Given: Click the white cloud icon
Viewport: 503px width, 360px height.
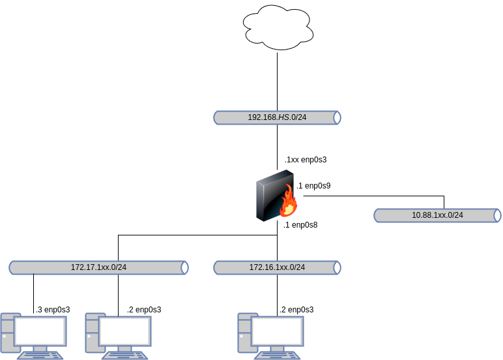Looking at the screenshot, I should click(278, 27).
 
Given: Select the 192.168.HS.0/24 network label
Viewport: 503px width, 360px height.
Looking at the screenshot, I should click(277, 117).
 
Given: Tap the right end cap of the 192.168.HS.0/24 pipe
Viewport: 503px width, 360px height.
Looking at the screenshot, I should click(337, 117).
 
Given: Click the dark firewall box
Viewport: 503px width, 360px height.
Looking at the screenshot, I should click(270, 196).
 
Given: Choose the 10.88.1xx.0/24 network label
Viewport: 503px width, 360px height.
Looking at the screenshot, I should click(437, 215).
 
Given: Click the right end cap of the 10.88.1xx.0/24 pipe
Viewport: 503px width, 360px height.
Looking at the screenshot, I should click(497, 215).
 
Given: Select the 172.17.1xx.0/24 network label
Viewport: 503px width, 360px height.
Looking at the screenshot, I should click(98, 267).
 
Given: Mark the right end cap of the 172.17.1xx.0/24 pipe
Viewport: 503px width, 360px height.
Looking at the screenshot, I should click(184, 267).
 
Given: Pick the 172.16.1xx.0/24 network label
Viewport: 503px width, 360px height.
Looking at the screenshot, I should click(277, 267).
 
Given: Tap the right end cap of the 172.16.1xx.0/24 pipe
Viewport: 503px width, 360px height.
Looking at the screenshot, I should click(337, 267).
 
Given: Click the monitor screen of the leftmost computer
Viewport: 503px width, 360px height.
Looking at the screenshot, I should click(40, 331).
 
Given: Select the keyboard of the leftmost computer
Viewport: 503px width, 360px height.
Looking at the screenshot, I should click(40, 355).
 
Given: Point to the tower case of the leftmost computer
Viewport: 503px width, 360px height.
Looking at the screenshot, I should click(7, 333).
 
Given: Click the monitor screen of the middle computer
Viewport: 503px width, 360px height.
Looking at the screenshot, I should click(125, 331).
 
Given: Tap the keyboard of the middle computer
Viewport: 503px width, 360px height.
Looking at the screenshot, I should click(125, 355).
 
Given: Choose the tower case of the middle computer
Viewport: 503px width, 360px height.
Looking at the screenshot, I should click(92, 333).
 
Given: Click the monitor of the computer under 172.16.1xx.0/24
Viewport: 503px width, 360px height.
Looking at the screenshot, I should click(278, 331).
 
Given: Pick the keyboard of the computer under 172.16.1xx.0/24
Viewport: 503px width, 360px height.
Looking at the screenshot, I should click(278, 355).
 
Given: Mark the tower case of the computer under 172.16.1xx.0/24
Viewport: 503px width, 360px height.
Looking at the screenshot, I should click(244, 333).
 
